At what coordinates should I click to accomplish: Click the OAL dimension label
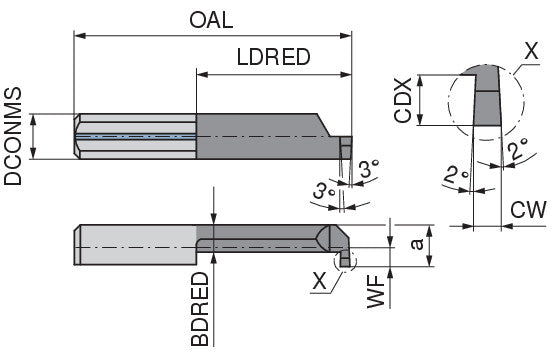click(211, 20)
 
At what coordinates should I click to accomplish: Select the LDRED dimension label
click(274, 57)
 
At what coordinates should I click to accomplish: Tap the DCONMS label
click(13, 136)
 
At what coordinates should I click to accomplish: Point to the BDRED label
click(200, 309)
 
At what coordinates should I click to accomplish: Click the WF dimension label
click(376, 292)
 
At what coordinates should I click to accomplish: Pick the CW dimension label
click(528, 210)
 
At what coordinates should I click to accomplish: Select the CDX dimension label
click(403, 100)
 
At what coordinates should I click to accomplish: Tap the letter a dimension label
click(417, 244)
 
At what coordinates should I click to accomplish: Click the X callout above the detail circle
click(531, 52)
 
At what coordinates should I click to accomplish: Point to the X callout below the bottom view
click(320, 282)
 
